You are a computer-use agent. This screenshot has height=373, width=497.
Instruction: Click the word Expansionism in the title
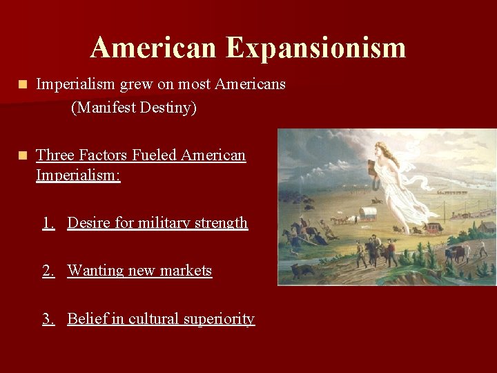click(x=315, y=48)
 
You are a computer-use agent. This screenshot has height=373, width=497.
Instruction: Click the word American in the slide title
click(x=153, y=48)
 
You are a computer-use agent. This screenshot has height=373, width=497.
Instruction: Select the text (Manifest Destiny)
click(x=133, y=108)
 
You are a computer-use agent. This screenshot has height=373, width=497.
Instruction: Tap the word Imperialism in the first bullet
click(x=75, y=84)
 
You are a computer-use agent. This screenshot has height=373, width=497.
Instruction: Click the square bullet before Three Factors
click(x=23, y=155)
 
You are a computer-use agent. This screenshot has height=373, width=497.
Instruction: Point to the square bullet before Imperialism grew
click(x=23, y=84)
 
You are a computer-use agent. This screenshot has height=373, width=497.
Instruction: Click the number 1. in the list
click(x=48, y=222)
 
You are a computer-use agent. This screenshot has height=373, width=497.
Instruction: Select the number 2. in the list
click(x=48, y=271)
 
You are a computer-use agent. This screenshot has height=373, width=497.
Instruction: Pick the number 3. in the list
click(x=48, y=318)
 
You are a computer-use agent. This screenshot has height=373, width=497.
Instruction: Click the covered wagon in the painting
click(x=367, y=213)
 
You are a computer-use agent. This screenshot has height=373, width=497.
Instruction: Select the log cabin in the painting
click(x=487, y=227)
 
